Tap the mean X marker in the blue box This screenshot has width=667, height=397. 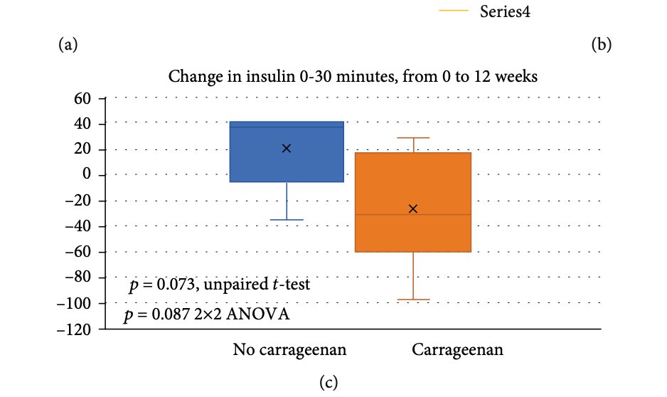(x=287, y=148)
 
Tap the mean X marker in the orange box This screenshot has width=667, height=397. (x=413, y=208)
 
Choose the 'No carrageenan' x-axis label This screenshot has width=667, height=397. (x=289, y=350)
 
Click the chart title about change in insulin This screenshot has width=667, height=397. (x=353, y=76)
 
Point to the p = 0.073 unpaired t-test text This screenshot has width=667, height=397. (x=219, y=285)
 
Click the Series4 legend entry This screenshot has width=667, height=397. (x=505, y=11)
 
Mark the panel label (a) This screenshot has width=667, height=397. (x=68, y=46)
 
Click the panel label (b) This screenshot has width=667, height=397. (x=601, y=46)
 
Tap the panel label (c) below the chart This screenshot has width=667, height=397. (x=328, y=383)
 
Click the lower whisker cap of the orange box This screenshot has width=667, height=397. (x=413, y=300)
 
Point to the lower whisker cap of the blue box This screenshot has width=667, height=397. (x=287, y=220)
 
